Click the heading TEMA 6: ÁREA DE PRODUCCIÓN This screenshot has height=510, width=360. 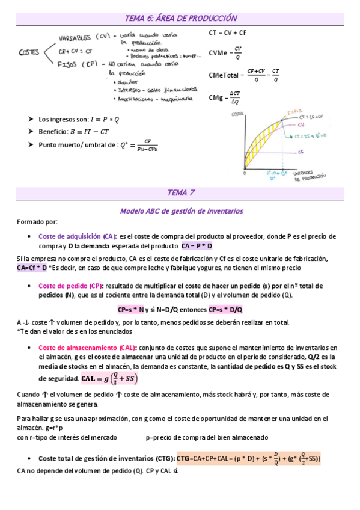tap(180, 19)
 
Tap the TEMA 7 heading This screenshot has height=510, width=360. tap(180, 193)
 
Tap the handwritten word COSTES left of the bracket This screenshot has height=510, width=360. tap(29, 52)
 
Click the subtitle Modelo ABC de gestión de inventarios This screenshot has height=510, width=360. tap(180, 211)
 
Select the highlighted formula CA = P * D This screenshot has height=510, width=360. tap(197, 246)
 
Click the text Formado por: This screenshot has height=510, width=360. tap(37, 222)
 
